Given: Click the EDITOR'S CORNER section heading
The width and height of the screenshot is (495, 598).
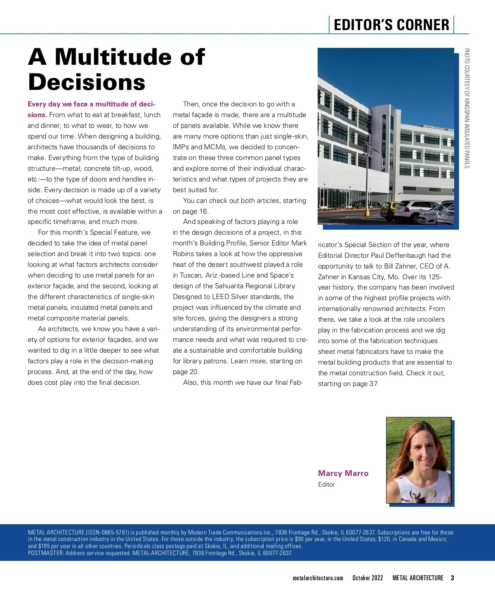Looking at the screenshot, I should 391,25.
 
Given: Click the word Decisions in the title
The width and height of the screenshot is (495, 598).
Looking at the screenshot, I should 87,82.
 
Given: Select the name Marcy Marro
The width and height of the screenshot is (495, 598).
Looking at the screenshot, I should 343,473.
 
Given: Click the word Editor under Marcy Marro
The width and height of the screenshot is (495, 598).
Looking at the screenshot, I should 326,485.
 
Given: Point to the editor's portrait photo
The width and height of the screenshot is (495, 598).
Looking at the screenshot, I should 418,460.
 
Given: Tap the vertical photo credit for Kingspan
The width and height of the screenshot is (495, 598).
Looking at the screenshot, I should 467,108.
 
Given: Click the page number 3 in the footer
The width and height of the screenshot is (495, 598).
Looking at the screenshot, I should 452,578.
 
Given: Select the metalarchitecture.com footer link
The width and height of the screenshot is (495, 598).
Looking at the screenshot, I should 318,578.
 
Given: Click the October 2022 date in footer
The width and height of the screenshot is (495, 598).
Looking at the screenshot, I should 368,578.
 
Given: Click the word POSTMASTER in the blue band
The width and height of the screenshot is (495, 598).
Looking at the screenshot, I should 45,553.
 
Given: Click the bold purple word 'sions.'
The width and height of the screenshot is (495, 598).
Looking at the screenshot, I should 37,115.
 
